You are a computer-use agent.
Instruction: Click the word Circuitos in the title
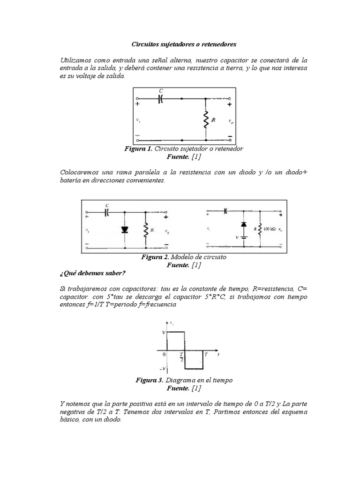pos(143,45)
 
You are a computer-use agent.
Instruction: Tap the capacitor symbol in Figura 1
pos(160,99)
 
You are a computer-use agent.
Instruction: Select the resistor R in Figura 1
pos(206,120)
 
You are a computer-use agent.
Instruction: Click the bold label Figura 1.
pos(138,148)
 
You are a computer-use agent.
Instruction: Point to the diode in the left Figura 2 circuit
pos(124,230)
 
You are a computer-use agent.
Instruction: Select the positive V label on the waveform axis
pos(163,332)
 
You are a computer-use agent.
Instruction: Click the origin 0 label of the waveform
pos(164,355)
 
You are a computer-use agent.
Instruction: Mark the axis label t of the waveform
pos(218,355)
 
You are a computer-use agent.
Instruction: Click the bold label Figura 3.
pos(150,380)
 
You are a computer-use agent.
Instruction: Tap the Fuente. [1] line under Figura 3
pos(184,388)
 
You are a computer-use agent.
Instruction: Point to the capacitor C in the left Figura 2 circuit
pos(107,212)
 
